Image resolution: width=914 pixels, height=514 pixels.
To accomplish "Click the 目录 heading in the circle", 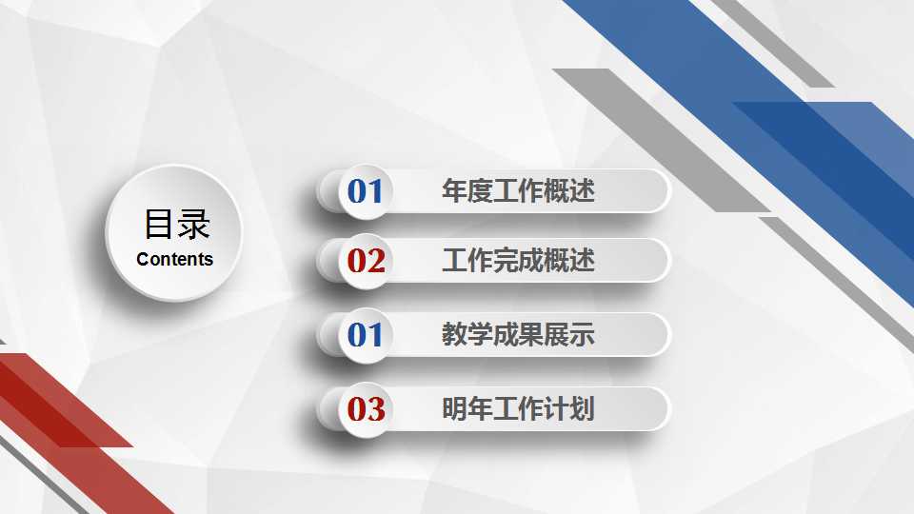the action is pos(177,224).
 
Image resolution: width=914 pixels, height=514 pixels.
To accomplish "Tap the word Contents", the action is pos(175,259).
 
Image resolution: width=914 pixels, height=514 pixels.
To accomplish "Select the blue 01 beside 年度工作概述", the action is pos(365,191).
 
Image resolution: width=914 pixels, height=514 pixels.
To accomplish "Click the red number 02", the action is pos(366,261).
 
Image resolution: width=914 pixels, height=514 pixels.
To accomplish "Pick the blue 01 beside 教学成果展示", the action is pos(365,335).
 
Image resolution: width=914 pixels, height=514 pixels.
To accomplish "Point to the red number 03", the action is pos(366,409).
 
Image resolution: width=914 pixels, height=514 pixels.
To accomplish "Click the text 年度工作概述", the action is pos(518,191).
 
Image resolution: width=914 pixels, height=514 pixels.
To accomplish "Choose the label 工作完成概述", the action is pos(518,260).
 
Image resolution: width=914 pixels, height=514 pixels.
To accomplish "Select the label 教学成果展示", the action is pos(518,334).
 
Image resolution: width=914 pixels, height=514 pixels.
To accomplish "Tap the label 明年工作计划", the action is pos(518,408).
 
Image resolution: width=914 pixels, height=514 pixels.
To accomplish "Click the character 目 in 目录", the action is pos(159,224).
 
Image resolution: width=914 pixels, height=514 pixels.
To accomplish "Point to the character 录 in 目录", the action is pos(193,225).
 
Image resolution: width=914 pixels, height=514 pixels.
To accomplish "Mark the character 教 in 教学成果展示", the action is pos(454,334).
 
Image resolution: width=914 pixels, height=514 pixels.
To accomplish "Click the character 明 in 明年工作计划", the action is pos(454,408).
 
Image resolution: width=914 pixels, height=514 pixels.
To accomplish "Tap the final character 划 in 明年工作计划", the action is pos(583,408).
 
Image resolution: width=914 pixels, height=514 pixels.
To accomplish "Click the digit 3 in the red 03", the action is pos(376,409).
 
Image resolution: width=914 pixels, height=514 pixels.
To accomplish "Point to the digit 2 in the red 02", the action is pos(376,261).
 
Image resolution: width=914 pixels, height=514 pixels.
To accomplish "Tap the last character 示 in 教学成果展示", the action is pos(583,334).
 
